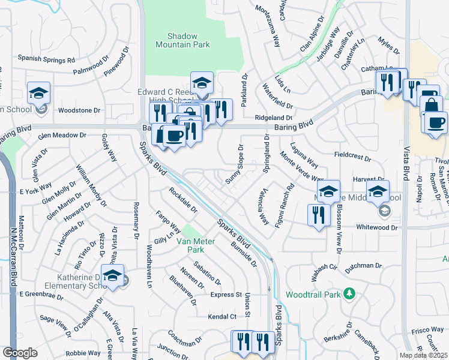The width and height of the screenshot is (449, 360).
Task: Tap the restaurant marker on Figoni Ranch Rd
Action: (319, 215)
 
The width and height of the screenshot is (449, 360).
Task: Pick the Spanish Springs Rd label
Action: (46, 59)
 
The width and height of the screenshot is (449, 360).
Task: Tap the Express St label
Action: (226, 295)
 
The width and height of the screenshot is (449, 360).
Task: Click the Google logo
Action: (20, 353)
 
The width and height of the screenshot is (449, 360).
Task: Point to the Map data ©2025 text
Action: (424, 355)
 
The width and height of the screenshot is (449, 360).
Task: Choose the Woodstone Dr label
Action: (79, 110)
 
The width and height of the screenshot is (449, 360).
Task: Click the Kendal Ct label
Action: (221, 316)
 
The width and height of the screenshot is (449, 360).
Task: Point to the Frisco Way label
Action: (427, 331)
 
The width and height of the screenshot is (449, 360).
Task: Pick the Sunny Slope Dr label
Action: (234, 164)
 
